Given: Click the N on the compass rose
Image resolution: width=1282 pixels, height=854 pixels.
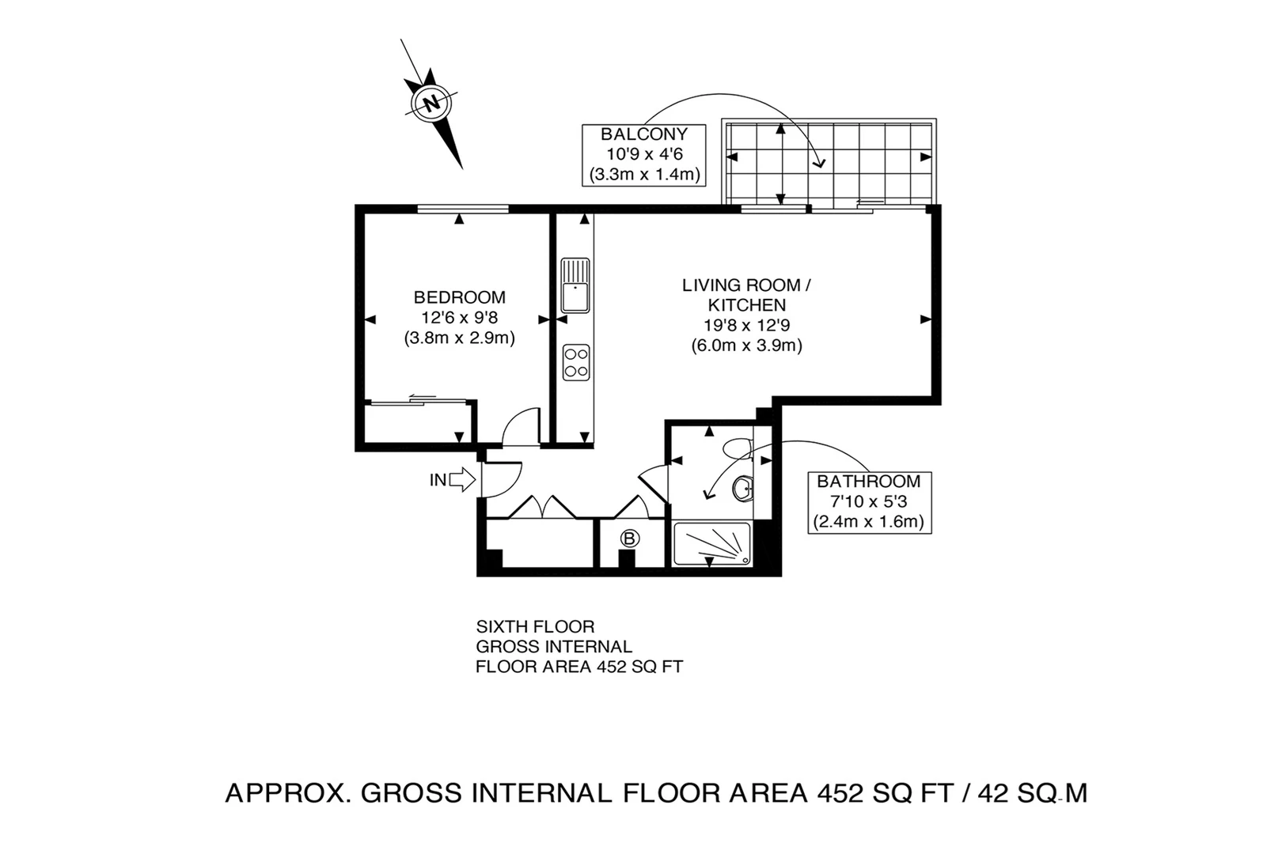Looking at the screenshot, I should tap(432, 104).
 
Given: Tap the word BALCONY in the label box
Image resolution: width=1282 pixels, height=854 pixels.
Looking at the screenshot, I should tap(643, 134).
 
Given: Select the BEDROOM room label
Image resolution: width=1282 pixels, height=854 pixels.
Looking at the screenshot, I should tap(459, 297).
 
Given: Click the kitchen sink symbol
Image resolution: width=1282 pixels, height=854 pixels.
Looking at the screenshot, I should tap(575, 285).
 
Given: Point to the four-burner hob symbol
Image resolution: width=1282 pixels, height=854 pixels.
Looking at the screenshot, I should tap(575, 363).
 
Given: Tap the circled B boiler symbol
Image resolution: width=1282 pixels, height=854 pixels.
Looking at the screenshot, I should tap(629, 539).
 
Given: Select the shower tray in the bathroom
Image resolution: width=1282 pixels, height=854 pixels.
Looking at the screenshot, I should tap(711, 544).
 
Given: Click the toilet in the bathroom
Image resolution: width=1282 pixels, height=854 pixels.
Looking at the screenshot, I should tap(738, 448).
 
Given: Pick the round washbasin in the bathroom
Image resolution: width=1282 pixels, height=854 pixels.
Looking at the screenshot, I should tap(743, 489).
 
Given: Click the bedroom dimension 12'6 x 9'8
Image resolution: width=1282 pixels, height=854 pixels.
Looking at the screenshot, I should tap(459, 318).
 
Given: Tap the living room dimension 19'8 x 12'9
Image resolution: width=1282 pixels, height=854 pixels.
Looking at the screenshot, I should tap(746, 325).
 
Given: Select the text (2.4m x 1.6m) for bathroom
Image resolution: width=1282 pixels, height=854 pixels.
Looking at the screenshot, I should tap(868, 522).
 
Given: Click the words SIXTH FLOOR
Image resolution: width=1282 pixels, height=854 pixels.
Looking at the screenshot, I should tap(535, 627).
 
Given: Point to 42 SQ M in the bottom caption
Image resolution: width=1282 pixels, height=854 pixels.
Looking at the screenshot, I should tap(1034, 792).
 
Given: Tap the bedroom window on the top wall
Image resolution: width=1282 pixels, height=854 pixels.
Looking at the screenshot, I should tap(463, 209).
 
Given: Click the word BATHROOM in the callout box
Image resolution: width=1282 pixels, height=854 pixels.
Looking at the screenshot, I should tap(868, 481).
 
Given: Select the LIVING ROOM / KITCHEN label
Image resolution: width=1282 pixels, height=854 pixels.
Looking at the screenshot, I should tap(746, 294).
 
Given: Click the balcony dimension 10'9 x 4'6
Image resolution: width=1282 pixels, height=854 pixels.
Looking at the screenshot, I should tap(643, 154).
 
